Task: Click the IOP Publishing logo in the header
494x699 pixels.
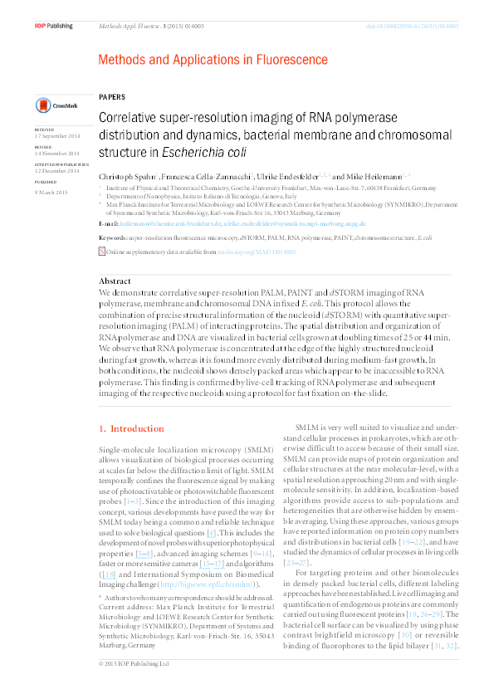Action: click(x=54, y=27)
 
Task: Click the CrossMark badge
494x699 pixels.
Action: click(x=54, y=105)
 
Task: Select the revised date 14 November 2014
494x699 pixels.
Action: click(x=57, y=154)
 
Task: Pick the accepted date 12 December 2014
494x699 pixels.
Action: click(x=57, y=171)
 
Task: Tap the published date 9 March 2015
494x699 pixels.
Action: click(x=51, y=188)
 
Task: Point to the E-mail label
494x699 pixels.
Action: click(x=108, y=224)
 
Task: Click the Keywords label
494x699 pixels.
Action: click(x=113, y=237)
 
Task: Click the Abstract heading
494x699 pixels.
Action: click(x=115, y=281)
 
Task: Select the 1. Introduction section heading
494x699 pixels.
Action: click(x=126, y=429)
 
